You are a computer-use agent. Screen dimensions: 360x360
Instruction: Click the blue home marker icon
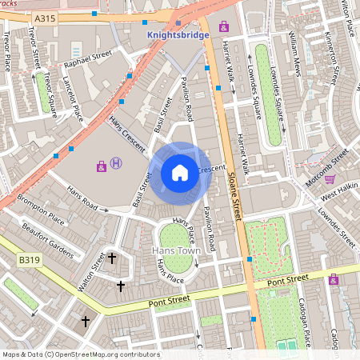(180, 172)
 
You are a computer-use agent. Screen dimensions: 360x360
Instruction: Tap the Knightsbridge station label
(178, 35)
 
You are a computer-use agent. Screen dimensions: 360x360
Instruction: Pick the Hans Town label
(174, 250)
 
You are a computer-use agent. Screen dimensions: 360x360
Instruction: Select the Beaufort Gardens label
(48, 242)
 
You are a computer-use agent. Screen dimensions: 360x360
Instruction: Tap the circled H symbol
(117, 164)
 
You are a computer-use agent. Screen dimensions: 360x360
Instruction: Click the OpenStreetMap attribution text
(80, 354)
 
